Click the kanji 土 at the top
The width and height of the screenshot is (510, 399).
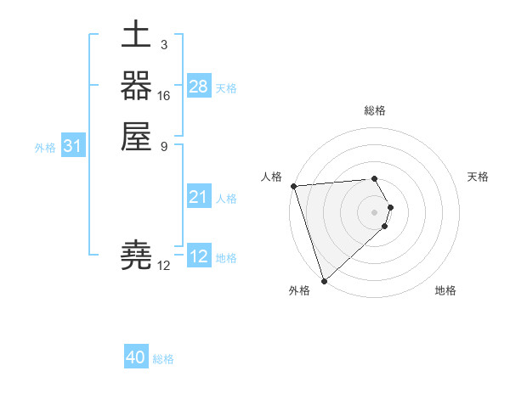pyautogui.click(x=136, y=38)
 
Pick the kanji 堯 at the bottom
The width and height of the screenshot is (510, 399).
pyautogui.click(x=136, y=256)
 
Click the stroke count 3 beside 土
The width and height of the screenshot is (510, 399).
pyautogui.click(x=164, y=45)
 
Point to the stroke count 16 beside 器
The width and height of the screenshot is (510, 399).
pyautogui.click(x=164, y=96)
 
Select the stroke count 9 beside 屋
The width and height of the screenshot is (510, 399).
pyautogui.click(x=164, y=145)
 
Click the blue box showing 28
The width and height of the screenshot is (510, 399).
pyautogui.click(x=199, y=87)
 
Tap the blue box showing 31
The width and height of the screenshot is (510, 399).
pyautogui.click(x=73, y=147)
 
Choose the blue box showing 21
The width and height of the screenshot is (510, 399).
pyautogui.click(x=199, y=197)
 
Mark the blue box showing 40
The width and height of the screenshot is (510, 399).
pyautogui.click(x=136, y=357)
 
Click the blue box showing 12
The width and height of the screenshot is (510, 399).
pyautogui.click(x=199, y=256)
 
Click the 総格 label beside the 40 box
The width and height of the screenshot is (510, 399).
pyautogui.click(x=163, y=359)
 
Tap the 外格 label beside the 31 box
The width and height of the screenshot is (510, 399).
pyautogui.click(x=45, y=148)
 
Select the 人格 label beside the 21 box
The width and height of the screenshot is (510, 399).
pyautogui.click(x=226, y=199)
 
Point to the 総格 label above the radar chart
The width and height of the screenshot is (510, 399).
pyautogui.click(x=375, y=110)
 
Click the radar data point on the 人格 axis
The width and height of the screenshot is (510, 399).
pyautogui.click(x=293, y=186)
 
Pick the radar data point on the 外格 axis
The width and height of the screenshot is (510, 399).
pyautogui.click(x=324, y=281)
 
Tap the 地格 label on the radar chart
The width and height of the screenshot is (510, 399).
pyautogui.click(x=445, y=291)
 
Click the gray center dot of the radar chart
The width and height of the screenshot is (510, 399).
pyautogui.click(x=375, y=211)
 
